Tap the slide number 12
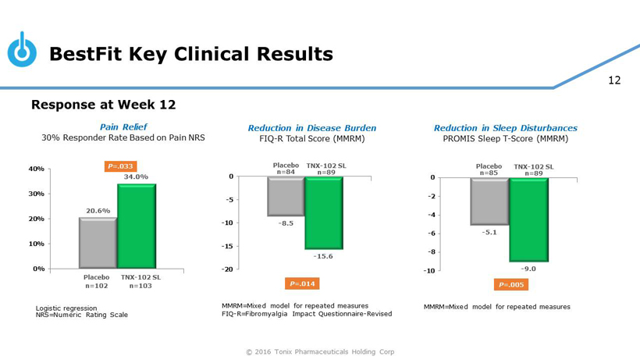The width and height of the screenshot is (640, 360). (x=614, y=80)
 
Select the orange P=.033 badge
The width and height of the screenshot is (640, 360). (x=120, y=166)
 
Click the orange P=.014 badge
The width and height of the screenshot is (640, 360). (x=301, y=283)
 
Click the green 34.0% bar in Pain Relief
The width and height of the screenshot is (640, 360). (x=137, y=226)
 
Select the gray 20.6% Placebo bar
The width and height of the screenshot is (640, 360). (x=98, y=243)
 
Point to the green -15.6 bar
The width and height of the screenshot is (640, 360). (x=324, y=212)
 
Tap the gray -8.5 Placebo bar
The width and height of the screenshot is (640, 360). (x=286, y=196)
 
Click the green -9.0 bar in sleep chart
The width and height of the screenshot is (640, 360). (x=528, y=219)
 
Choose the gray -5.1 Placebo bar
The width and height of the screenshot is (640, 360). (x=489, y=201)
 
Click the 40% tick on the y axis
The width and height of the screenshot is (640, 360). (x=37, y=169)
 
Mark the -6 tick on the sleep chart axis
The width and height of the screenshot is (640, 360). (x=429, y=233)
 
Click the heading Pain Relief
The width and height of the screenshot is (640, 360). (x=123, y=127)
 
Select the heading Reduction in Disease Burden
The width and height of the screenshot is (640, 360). (x=311, y=128)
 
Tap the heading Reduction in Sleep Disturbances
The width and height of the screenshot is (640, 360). (x=505, y=128)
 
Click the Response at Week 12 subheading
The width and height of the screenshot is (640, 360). (x=103, y=105)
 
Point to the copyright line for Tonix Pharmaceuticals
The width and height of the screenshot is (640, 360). (x=320, y=351)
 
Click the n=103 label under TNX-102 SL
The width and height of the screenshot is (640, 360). (x=140, y=286)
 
